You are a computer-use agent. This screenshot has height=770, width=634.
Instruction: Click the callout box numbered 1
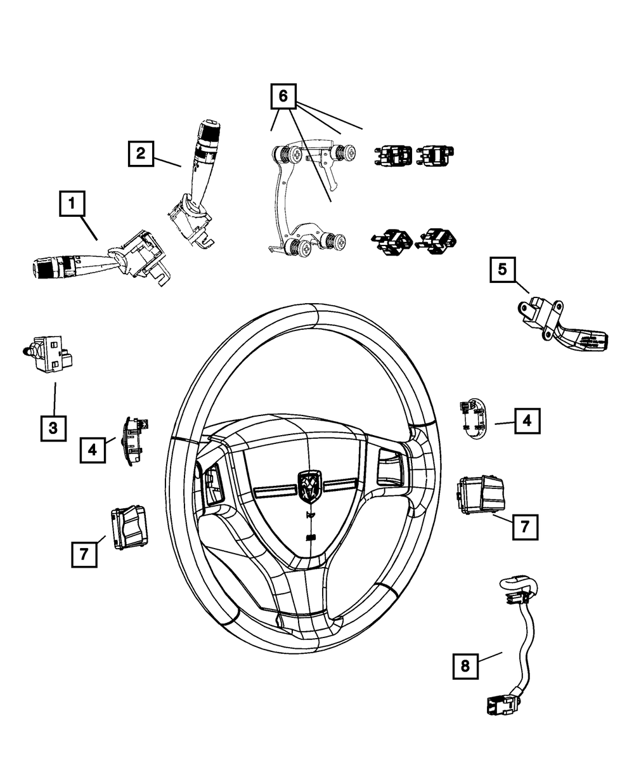point(73,204)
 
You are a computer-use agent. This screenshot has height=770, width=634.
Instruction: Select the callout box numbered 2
point(141,153)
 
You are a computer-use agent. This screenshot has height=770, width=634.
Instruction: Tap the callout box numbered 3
point(53,428)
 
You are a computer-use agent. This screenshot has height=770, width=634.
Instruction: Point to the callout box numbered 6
point(283,96)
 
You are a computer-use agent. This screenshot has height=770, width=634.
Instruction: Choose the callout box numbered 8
point(466,665)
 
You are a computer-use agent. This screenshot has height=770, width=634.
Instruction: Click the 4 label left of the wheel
point(93,450)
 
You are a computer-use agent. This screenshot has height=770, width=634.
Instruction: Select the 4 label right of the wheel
point(527,421)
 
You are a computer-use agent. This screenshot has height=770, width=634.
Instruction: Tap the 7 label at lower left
point(84,554)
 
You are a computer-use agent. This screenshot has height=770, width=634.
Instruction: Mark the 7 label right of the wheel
point(525,527)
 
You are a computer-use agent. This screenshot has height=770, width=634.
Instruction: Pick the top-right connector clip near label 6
point(437,154)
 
